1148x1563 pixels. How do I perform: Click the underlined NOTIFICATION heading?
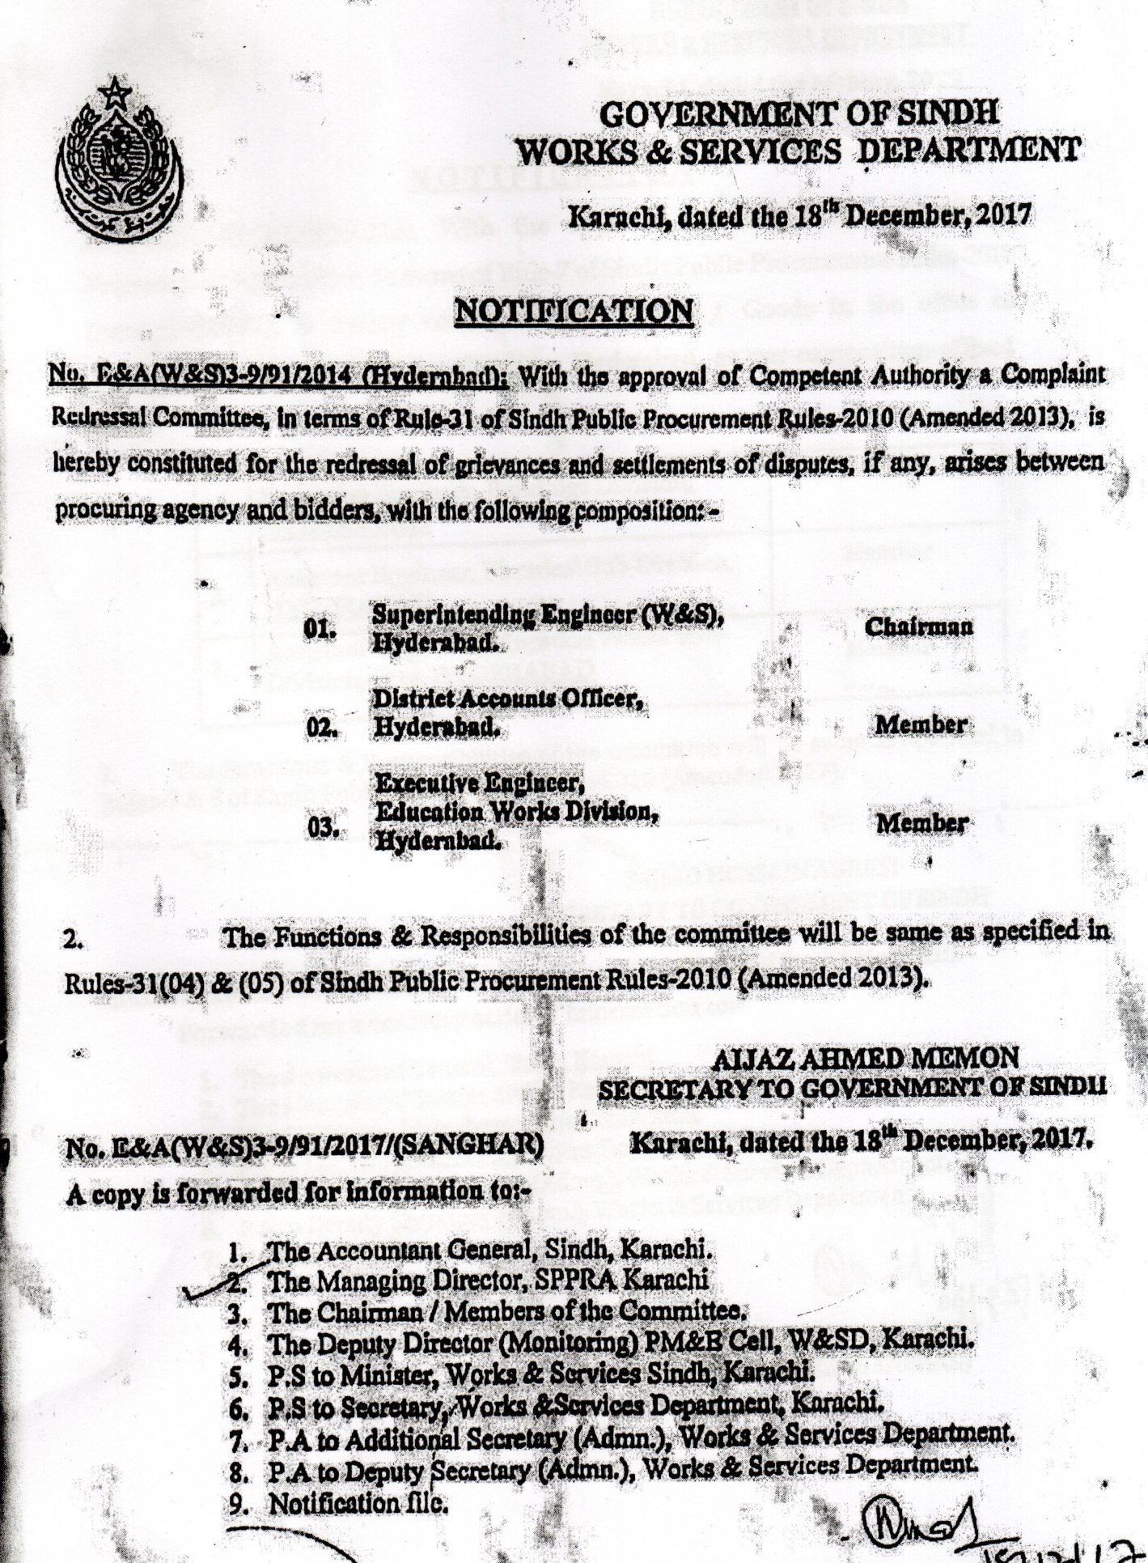click(x=574, y=312)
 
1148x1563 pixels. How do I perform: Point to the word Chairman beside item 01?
click(x=918, y=627)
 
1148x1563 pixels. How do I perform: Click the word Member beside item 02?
click(x=921, y=724)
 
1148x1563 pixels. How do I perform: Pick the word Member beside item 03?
click(x=921, y=823)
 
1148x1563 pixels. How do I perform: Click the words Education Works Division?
click(x=514, y=812)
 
